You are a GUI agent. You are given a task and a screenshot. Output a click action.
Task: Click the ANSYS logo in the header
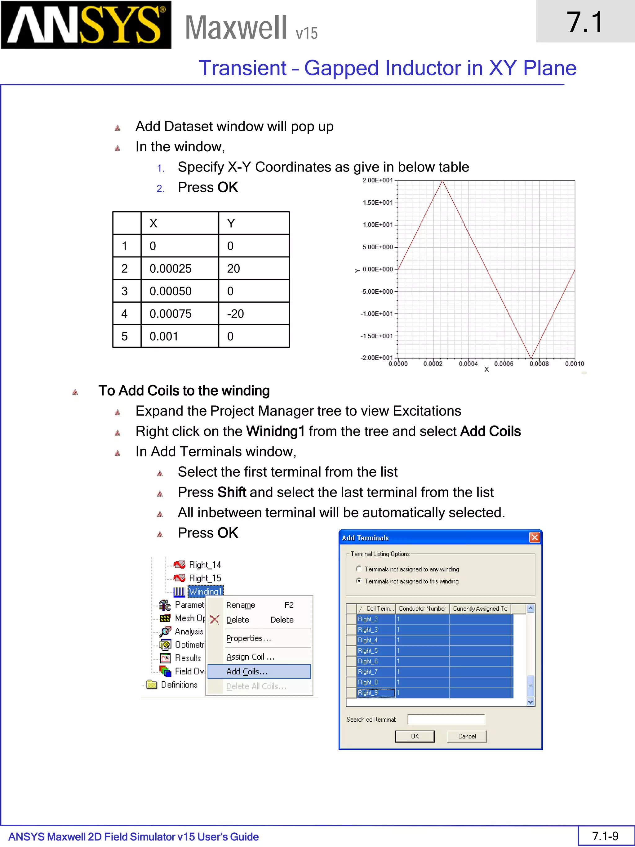[86, 25]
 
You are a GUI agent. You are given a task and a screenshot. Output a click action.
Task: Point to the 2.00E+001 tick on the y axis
[377, 181]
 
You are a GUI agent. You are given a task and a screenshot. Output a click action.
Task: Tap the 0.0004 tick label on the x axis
[468, 364]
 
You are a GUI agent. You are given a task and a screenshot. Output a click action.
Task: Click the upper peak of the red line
[442, 181]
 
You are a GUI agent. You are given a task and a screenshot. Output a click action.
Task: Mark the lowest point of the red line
[531, 357]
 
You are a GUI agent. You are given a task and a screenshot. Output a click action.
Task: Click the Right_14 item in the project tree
[205, 565]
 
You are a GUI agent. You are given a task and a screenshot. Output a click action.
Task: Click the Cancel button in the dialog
[467, 736]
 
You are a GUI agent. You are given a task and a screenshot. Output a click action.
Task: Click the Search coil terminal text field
[446, 720]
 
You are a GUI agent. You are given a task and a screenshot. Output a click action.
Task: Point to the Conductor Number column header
[422, 609]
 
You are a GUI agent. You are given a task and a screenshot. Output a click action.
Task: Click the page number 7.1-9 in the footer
[605, 836]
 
